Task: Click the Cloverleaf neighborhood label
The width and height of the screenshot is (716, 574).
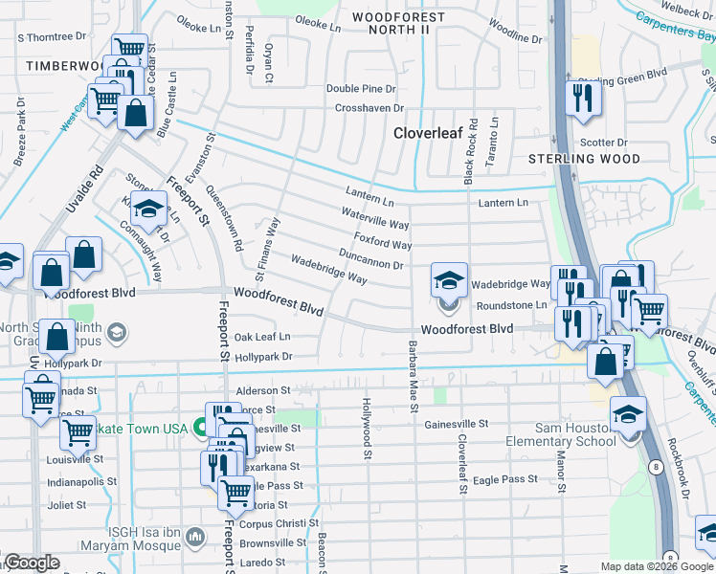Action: tap(429, 134)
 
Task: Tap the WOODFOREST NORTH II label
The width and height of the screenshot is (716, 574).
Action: tap(398, 24)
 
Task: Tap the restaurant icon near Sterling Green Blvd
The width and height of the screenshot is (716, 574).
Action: tap(580, 98)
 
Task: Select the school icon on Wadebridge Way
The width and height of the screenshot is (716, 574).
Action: tap(449, 280)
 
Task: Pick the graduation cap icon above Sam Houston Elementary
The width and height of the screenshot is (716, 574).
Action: tap(628, 413)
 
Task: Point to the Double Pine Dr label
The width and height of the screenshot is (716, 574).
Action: tap(361, 88)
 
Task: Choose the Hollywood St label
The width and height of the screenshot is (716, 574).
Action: tap(366, 429)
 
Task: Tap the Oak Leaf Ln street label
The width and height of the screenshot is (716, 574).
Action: tap(262, 337)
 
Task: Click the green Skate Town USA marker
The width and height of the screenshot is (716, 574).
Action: tap(201, 428)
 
